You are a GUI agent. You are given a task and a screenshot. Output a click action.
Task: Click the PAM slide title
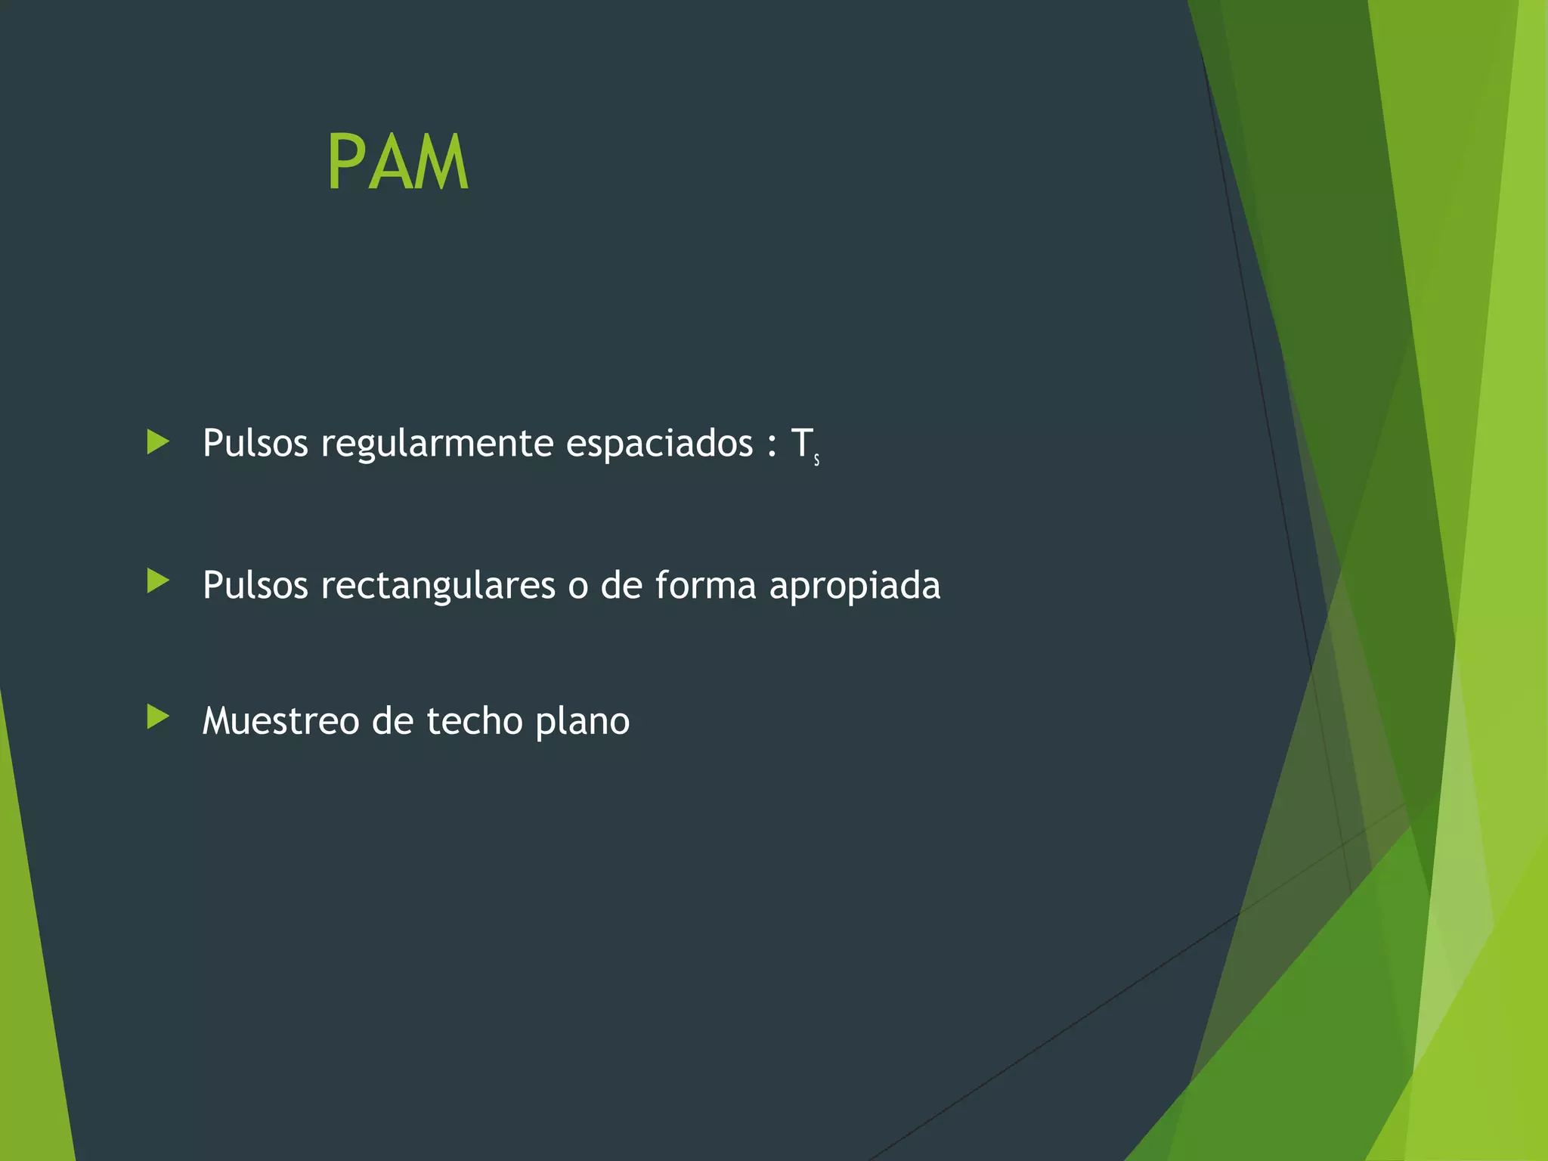[398, 163]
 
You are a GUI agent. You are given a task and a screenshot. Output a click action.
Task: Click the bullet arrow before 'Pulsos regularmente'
[157, 442]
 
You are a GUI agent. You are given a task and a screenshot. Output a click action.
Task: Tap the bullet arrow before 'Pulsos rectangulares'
[157, 581]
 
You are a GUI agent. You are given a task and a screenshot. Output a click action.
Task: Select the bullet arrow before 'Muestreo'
[157, 717]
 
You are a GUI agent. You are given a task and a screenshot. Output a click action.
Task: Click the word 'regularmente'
[437, 444]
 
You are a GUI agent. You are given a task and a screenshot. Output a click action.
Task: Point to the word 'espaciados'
[659, 443]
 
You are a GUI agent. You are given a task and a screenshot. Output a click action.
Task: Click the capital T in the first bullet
[800, 443]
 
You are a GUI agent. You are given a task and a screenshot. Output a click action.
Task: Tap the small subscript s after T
[817, 460]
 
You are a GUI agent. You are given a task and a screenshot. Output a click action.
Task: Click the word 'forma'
[705, 585]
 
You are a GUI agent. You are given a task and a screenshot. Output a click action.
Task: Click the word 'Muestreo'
[280, 721]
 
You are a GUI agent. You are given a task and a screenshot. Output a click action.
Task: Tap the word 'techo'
[475, 721]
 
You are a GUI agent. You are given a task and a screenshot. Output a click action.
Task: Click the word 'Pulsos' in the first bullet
[255, 443]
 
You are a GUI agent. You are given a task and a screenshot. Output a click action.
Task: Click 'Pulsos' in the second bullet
[255, 585]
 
